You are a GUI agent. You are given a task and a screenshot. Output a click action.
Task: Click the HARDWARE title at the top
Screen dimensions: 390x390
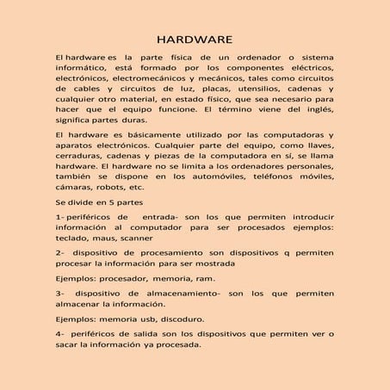coord(194,40)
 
